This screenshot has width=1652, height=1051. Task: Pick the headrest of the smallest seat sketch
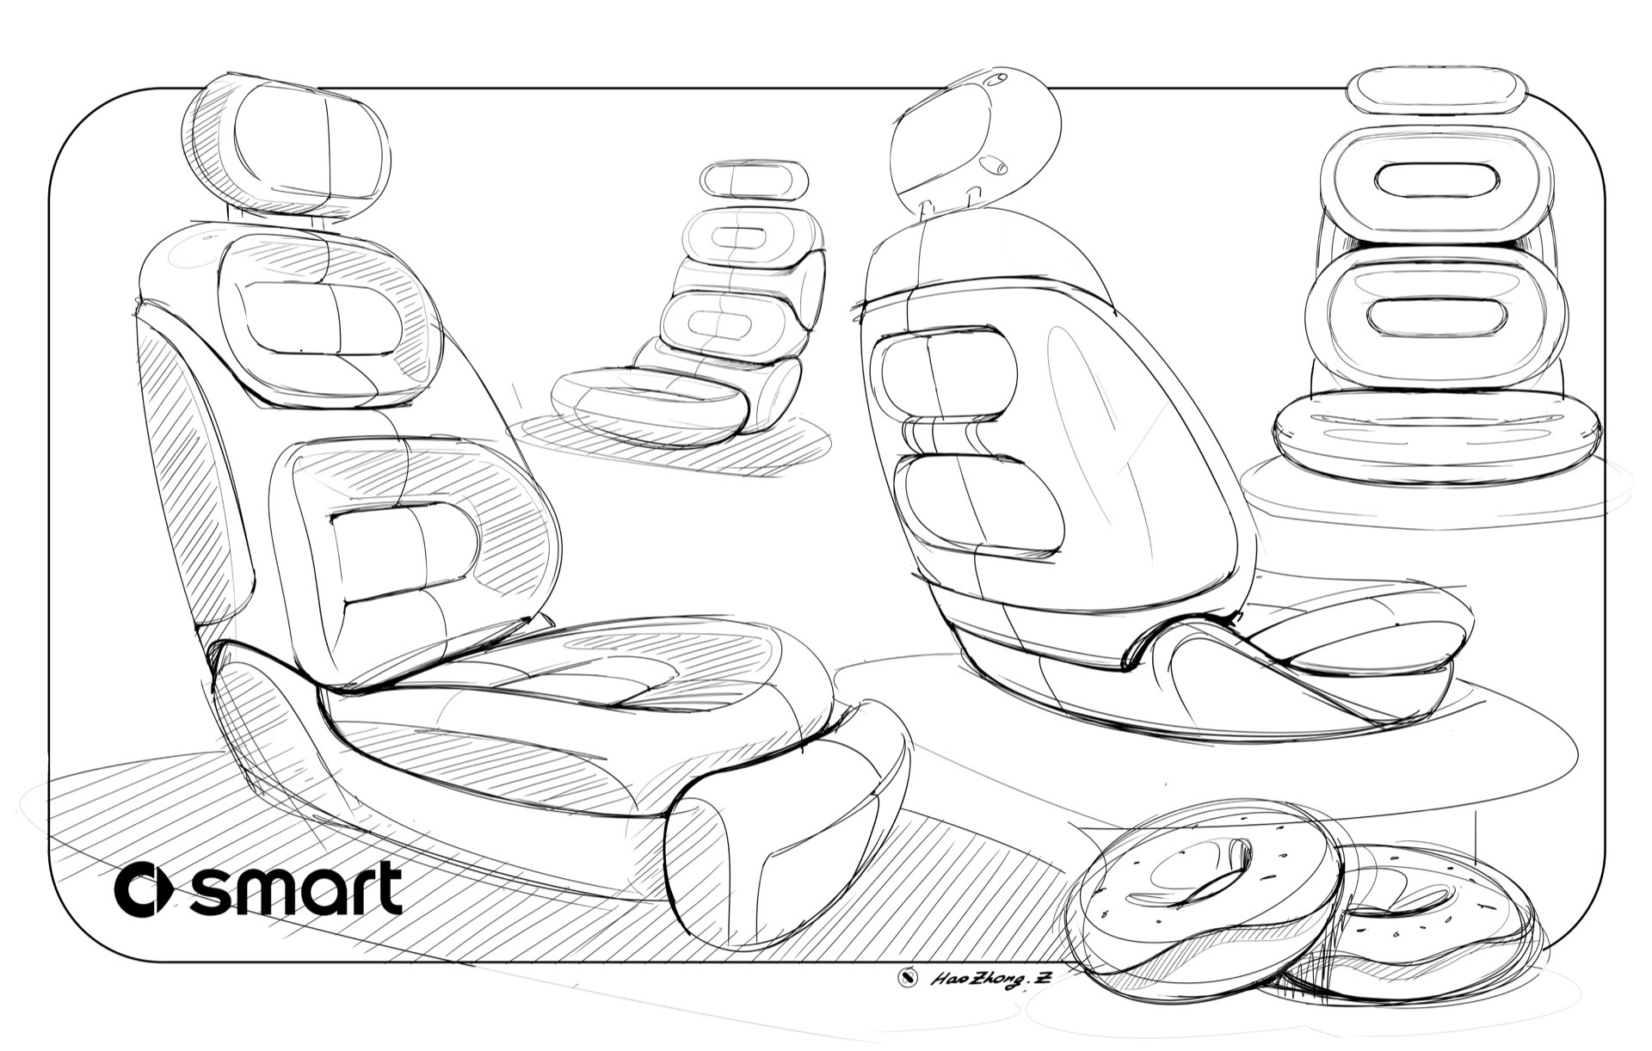click(x=754, y=180)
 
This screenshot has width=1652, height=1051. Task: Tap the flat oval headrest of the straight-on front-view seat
click(x=1436, y=92)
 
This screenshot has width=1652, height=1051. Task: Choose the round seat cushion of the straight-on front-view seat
click(x=1436, y=435)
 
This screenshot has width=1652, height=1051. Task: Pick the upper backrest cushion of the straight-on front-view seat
click(x=1436, y=181)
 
